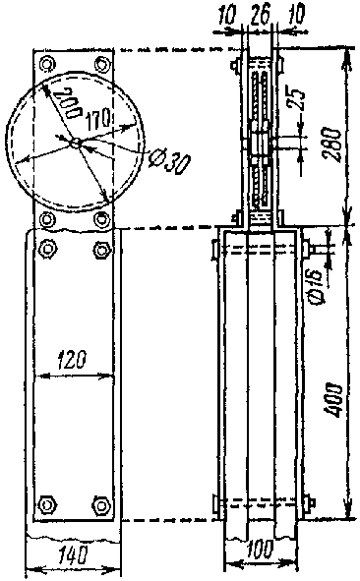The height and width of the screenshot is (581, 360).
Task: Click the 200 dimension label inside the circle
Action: (67, 102)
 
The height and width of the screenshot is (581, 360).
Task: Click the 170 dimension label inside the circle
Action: (98, 119)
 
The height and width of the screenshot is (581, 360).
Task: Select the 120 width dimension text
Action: (72, 359)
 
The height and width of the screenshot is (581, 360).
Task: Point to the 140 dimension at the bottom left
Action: (73, 554)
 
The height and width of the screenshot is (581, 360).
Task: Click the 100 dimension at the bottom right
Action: (260, 550)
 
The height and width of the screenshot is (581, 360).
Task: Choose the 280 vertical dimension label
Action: (331, 145)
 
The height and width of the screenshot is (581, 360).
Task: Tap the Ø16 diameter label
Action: (316, 287)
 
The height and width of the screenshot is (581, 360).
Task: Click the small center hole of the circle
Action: (76, 143)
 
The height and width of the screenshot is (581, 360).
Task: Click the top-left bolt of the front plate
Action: (46, 64)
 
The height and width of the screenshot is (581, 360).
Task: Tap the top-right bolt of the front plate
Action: (101, 64)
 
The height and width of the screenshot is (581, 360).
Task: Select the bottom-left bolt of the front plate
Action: (47, 504)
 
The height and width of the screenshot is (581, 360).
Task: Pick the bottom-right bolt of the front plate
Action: (101, 504)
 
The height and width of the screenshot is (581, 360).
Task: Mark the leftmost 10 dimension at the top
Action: (226, 17)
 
